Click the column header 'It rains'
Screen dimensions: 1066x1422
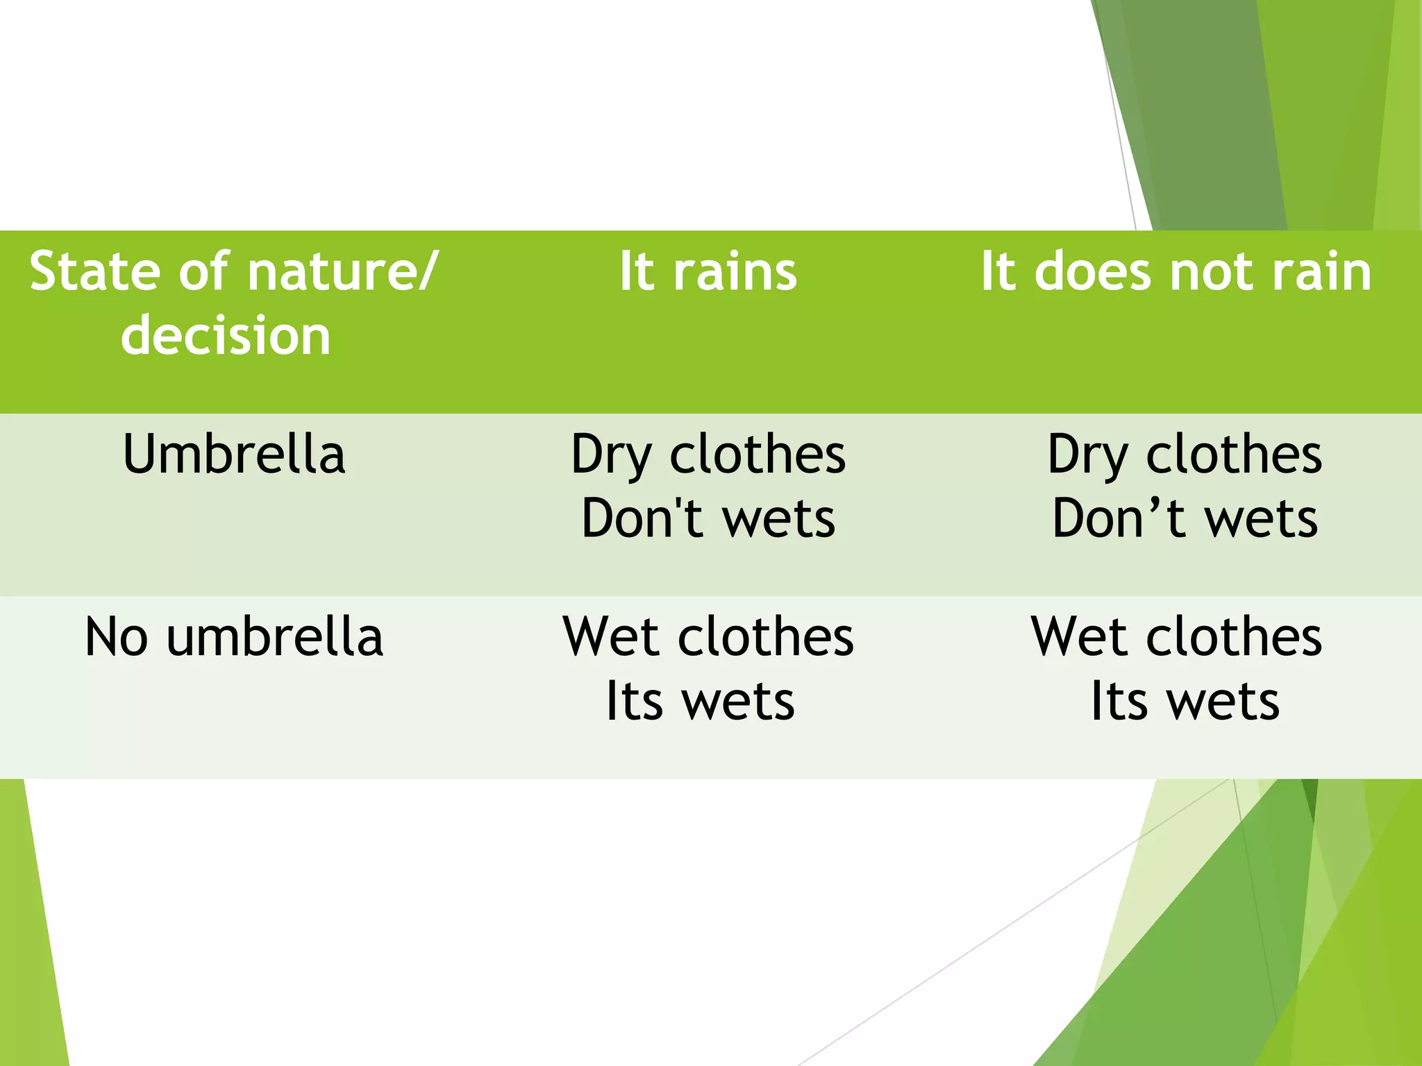click(x=708, y=271)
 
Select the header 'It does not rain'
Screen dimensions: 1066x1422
click(x=1176, y=271)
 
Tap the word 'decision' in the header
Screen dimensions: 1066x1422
click(x=226, y=335)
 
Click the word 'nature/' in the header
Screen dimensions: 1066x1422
click(x=343, y=271)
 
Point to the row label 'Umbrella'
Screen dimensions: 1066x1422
click(x=234, y=455)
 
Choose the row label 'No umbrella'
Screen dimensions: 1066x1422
click(x=234, y=637)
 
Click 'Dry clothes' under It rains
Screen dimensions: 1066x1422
click(x=708, y=455)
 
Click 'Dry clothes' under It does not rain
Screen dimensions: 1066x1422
click(x=1185, y=455)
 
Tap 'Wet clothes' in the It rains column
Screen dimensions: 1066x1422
click(x=708, y=637)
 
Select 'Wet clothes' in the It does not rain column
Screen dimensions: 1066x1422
click(x=1176, y=637)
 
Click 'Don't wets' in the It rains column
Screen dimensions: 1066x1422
click(x=708, y=519)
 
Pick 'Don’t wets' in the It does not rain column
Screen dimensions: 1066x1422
click(x=1185, y=519)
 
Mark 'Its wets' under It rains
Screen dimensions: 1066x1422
click(x=700, y=701)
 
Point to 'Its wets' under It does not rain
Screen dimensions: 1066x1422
click(x=1185, y=701)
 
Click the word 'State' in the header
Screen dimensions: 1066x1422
click(x=94, y=271)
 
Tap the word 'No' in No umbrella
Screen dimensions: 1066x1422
click(x=116, y=637)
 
